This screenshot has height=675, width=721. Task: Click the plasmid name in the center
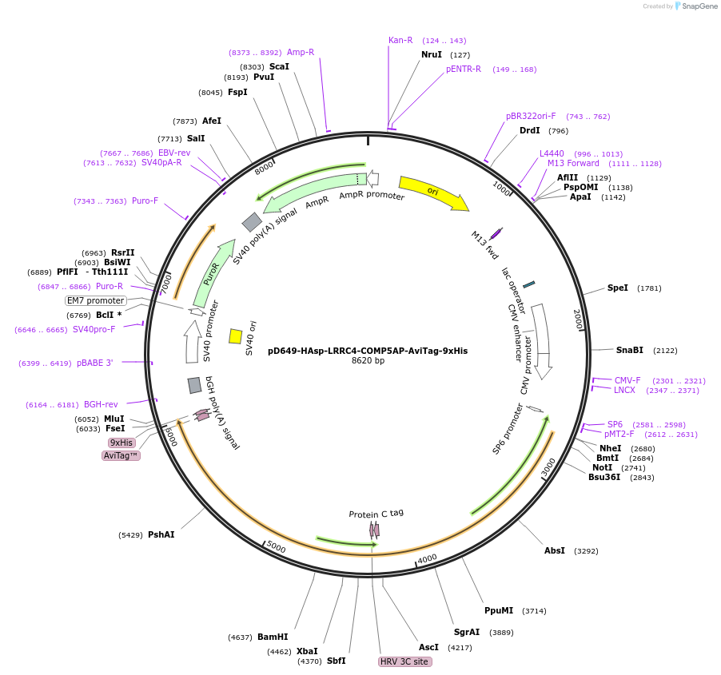[368, 350]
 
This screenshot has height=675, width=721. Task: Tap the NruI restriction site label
[432, 54]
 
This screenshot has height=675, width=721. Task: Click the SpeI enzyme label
[618, 288]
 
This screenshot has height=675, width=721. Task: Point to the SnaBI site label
[629, 350]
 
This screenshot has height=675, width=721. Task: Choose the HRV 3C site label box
[404, 661]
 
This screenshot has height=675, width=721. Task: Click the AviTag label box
[121, 455]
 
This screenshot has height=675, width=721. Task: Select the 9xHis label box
[121, 443]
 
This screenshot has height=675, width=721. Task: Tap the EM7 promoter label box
[96, 300]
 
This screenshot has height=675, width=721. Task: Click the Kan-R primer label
[400, 40]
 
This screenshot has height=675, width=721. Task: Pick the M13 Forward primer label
[573, 163]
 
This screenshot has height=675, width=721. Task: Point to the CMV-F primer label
[627, 380]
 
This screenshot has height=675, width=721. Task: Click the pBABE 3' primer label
[95, 363]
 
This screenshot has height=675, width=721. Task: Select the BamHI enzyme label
[273, 637]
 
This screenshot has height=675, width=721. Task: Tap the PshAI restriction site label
[161, 534]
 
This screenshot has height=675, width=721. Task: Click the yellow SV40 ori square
[236, 336]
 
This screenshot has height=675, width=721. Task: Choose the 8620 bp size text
[368, 361]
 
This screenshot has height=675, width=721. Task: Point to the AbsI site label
[555, 550]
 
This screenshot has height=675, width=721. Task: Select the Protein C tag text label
[376, 514]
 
